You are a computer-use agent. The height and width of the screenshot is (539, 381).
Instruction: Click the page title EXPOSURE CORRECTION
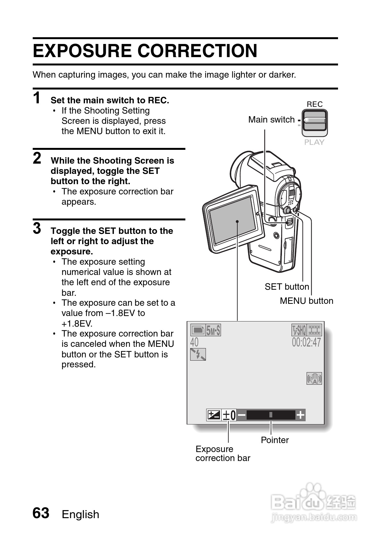145,51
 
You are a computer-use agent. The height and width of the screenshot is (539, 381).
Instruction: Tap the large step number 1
37,98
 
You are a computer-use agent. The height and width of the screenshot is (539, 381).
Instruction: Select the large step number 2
37,158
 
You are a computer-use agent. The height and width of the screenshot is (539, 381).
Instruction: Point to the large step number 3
37,228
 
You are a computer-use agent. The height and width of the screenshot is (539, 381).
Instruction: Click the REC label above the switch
315,104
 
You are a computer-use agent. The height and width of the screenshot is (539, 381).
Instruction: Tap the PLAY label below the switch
314,142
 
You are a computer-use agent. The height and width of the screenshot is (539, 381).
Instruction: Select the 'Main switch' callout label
271,120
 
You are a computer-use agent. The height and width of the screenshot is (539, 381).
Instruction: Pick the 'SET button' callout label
287,287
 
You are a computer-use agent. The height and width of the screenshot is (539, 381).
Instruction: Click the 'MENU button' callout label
306,301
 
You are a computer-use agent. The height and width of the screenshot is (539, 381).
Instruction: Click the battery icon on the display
198,330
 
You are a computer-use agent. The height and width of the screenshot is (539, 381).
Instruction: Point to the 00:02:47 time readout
306,342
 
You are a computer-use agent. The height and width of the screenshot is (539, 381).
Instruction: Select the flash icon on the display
198,354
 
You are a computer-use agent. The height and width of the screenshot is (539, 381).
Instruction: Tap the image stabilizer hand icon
314,379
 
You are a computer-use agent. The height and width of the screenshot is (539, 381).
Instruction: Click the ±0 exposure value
229,415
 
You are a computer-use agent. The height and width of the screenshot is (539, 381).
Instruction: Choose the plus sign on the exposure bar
300,415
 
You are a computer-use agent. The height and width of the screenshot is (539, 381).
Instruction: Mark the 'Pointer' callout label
275,440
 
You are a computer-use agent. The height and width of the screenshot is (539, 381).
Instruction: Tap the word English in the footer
80,514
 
